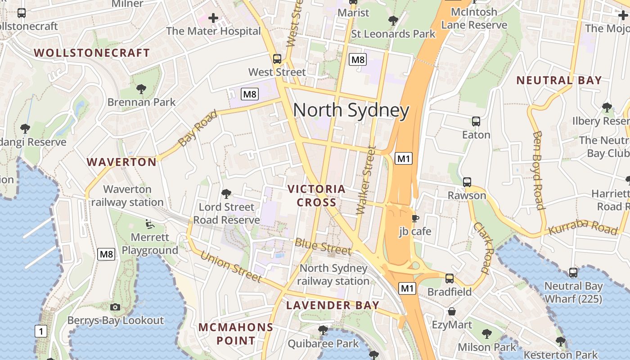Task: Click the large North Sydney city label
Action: pyautogui.click(x=351, y=111)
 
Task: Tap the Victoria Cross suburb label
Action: pyautogui.click(x=316, y=196)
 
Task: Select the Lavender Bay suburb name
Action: pyautogui.click(x=333, y=305)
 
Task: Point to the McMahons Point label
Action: pyautogui.click(x=236, y=334)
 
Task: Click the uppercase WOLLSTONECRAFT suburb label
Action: pyautogui.click(x=92, y=53)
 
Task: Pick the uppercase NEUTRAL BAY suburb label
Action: pyautogui.click(x=558, y=81)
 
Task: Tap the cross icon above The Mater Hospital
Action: pyautogui.click(x=213, y=18)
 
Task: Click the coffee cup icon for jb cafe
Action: pyautogui.click(x=415, y=218)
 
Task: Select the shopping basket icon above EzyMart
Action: pyautogui.click(x=452, y=311)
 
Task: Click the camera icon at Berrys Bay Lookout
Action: pyautogui.click(x=115, y=307)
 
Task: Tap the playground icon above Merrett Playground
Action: pyautogui.click(x=150, y=223)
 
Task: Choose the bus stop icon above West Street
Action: pyautogui.click(x=277, y=58)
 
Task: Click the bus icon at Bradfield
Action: pyautogui.click(x=449, y=278)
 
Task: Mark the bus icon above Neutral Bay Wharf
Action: pyautogui.click(x=573, y=272)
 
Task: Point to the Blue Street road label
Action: pyautogui.click(x=323, y=246)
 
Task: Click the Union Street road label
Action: pyautogui.click(x=231, y=266)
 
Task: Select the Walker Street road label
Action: pyautogui.click(x=365, y=180)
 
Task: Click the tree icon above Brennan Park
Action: pyautogui.click(x=141, y=89)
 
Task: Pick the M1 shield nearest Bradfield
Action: pyautogui.click(x=407, y=288)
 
